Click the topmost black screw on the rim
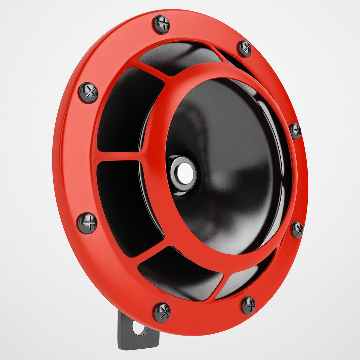(161, 24)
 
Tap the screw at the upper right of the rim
(245, 48)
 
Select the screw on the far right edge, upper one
(295, 130)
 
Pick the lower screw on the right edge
(297, 230)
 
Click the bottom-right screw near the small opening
(248, 305)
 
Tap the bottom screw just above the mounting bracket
(162, 312)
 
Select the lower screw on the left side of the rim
(87, 223)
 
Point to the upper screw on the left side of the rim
(88, 93)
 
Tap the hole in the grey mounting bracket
(140, 328)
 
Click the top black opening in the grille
(180, 58)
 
